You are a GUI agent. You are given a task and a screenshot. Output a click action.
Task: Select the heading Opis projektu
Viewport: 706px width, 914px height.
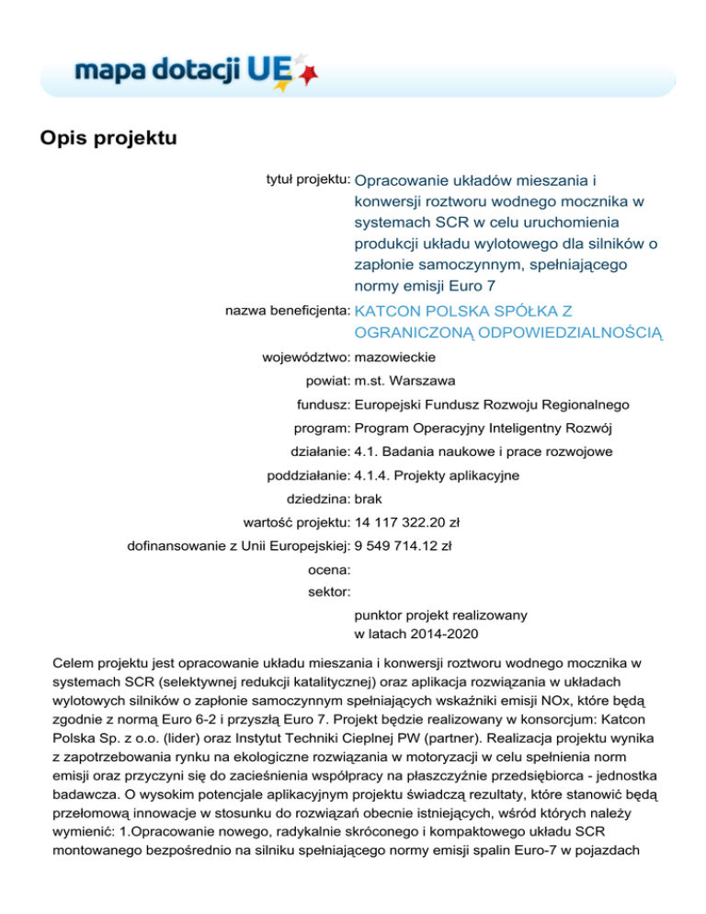point(107,140)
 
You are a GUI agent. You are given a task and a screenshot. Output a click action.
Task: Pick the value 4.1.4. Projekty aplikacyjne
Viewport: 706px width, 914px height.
point(437,476)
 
